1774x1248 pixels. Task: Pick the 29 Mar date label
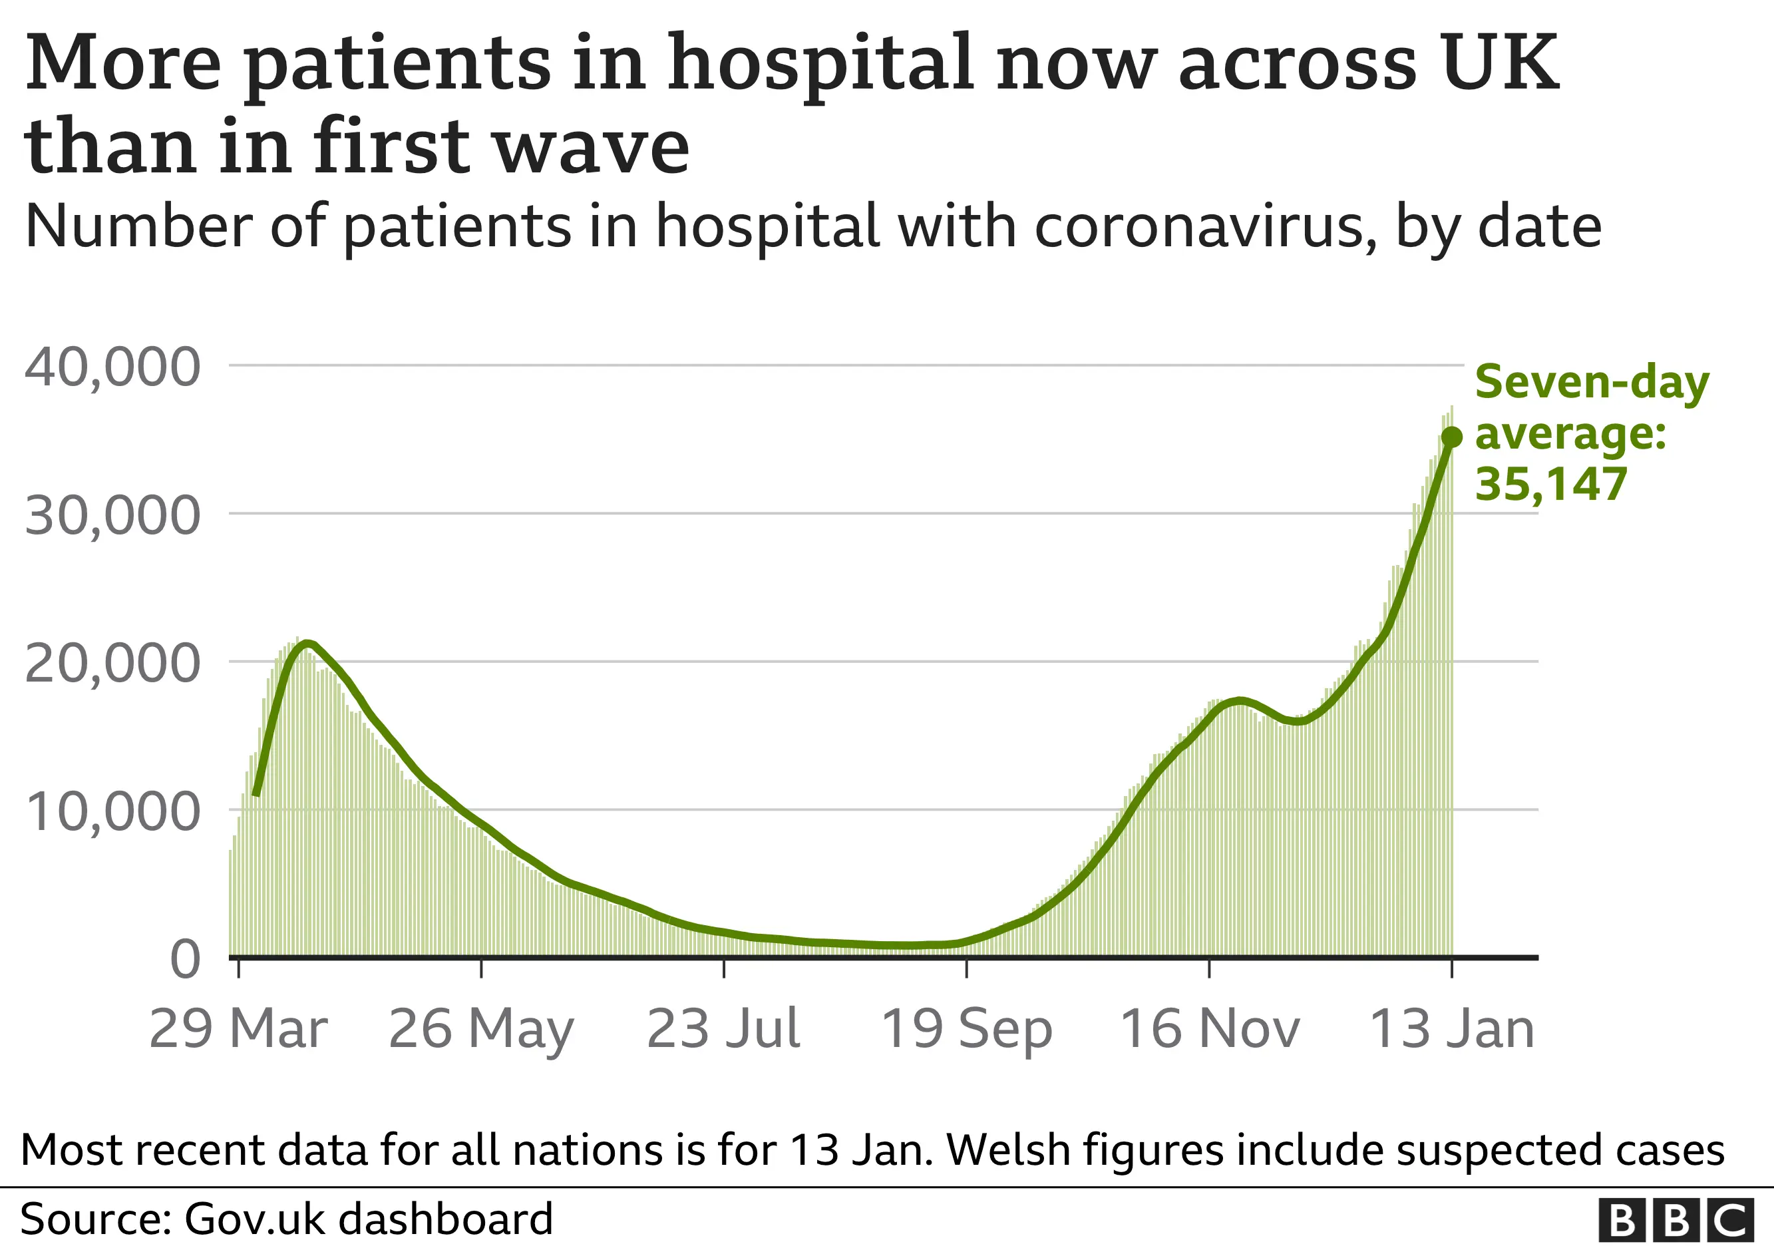point(238,1028)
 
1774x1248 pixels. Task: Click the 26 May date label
point(480,1028)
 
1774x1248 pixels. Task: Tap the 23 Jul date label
point(723,1028)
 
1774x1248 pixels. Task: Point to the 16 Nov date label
point(1209,1028)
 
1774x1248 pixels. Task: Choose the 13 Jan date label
point(1451,1028)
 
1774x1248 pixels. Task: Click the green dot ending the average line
point(1452,437)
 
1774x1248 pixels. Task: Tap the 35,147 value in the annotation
point(1550,485)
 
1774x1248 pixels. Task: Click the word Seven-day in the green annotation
point(1592,383)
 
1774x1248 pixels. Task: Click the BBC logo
point(1674,1220)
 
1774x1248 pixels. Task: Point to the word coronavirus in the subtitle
point(1205,226)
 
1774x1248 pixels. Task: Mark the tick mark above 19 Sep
point(967,968)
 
